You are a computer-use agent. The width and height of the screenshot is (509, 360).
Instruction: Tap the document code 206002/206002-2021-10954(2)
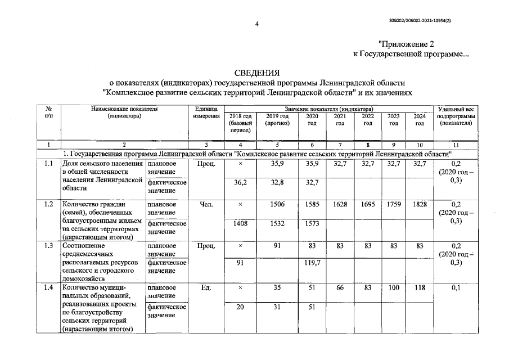pos(420,20)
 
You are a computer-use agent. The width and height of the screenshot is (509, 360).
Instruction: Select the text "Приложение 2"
pos(407,43)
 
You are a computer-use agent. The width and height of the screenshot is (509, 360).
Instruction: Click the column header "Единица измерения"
pos(205,111)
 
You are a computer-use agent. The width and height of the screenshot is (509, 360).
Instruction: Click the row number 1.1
pos(48,164)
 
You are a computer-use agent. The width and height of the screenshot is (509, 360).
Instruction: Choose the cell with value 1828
pos(420,205)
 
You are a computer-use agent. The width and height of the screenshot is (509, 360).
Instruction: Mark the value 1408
pos(240,223)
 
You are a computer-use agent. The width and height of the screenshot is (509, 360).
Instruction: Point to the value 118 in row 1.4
pos(420,287)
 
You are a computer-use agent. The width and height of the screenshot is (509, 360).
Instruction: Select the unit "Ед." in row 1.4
pos(205,287)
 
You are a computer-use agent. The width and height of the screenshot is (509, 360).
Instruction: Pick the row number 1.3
pos(48,246)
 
